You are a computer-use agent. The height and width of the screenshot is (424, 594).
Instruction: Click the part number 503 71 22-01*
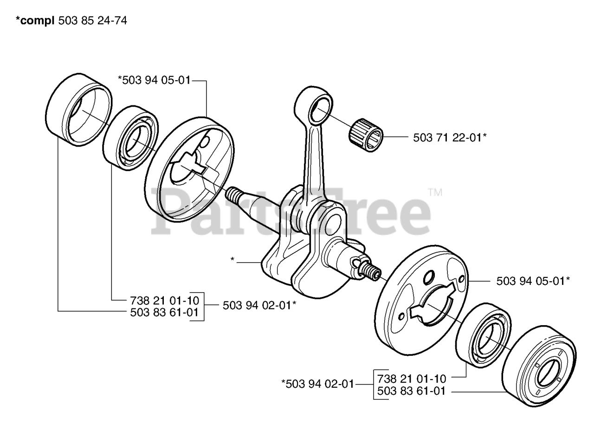click(449, 137)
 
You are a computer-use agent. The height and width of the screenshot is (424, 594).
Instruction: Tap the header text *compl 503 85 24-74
click(65, 21)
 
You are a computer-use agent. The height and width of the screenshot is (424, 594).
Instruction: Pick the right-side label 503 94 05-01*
click(533, 281)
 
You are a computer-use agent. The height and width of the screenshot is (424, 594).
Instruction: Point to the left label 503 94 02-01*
click(259, 305)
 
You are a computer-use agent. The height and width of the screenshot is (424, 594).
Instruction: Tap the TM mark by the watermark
click(435, 192)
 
